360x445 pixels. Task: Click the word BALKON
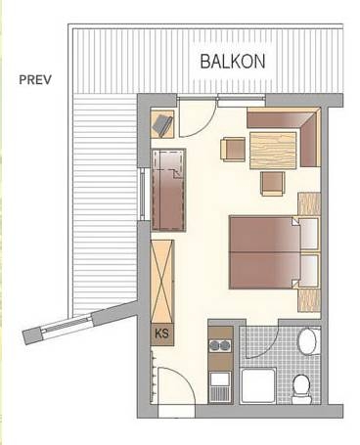233,61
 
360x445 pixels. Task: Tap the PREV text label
35,79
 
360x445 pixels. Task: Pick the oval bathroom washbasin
306,342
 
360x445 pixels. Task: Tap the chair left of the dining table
232,150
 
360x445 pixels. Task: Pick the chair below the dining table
271,182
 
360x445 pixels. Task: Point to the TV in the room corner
161,124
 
